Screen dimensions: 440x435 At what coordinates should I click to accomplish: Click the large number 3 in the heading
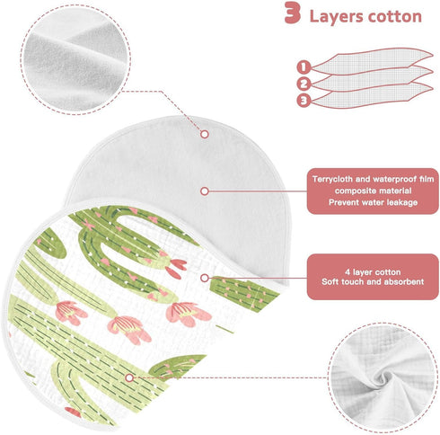pos(292,13)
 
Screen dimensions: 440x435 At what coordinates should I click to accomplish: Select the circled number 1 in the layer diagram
pos(304,67)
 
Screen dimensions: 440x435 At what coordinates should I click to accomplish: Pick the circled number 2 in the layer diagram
pos(304,84)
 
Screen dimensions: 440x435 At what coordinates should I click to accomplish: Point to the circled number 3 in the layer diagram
pos(304,100)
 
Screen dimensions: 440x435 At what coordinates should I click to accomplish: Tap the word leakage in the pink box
pos(402,202)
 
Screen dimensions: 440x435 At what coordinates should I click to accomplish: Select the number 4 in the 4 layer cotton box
pos(348,272)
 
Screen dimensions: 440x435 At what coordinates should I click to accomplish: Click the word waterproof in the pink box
pos(392,179)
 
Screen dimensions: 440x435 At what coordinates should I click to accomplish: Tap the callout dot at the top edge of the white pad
pos(205,134)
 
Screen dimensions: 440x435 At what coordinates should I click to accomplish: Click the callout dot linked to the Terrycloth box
pos(205,191)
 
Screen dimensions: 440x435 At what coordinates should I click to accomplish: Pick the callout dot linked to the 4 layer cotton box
pos(205,278)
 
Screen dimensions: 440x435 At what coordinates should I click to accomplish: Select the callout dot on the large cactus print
pos(129,378)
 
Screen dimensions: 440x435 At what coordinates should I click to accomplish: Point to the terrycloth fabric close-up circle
pos(75,59)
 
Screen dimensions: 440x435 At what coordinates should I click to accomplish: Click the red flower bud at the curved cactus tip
pos(176,268)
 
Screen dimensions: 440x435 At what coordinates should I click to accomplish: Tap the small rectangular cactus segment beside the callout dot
pos(244,293)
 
